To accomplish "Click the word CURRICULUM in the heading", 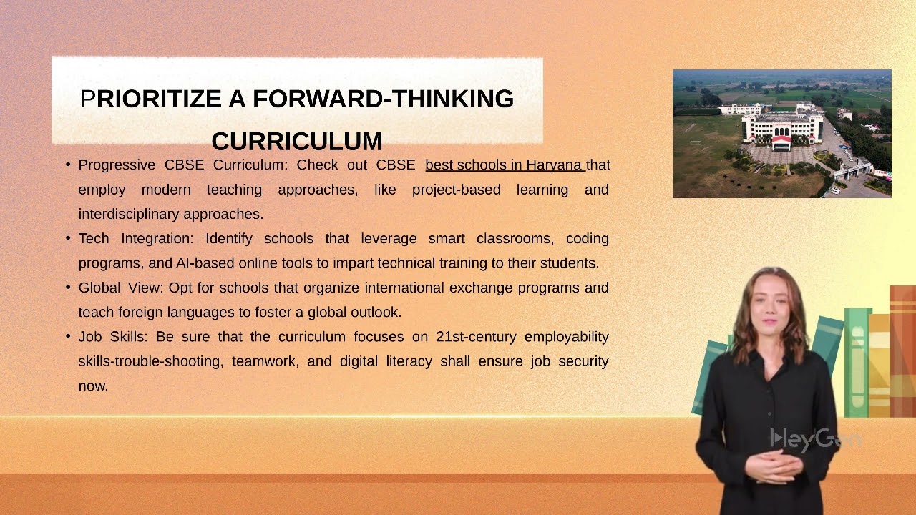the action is [x=297, y=142].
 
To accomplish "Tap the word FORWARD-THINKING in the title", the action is [x=383, y=99].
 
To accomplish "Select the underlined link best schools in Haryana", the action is [x=505, y=165].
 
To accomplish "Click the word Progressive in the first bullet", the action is [x=117, y=165].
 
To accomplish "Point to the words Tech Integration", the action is [x=135, y=239].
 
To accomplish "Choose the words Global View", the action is [x=121, y=288].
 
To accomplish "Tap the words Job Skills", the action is [x=112, y=337].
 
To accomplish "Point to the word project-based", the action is [x=457, y=190].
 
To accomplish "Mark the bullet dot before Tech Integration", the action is [x=68, y=238].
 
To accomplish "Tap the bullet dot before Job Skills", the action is [x=68, y=336].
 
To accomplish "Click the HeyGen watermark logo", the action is [x=816, y=440].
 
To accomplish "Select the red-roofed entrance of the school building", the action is [x=781, y=142].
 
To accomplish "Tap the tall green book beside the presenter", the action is [x=857, y=363].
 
